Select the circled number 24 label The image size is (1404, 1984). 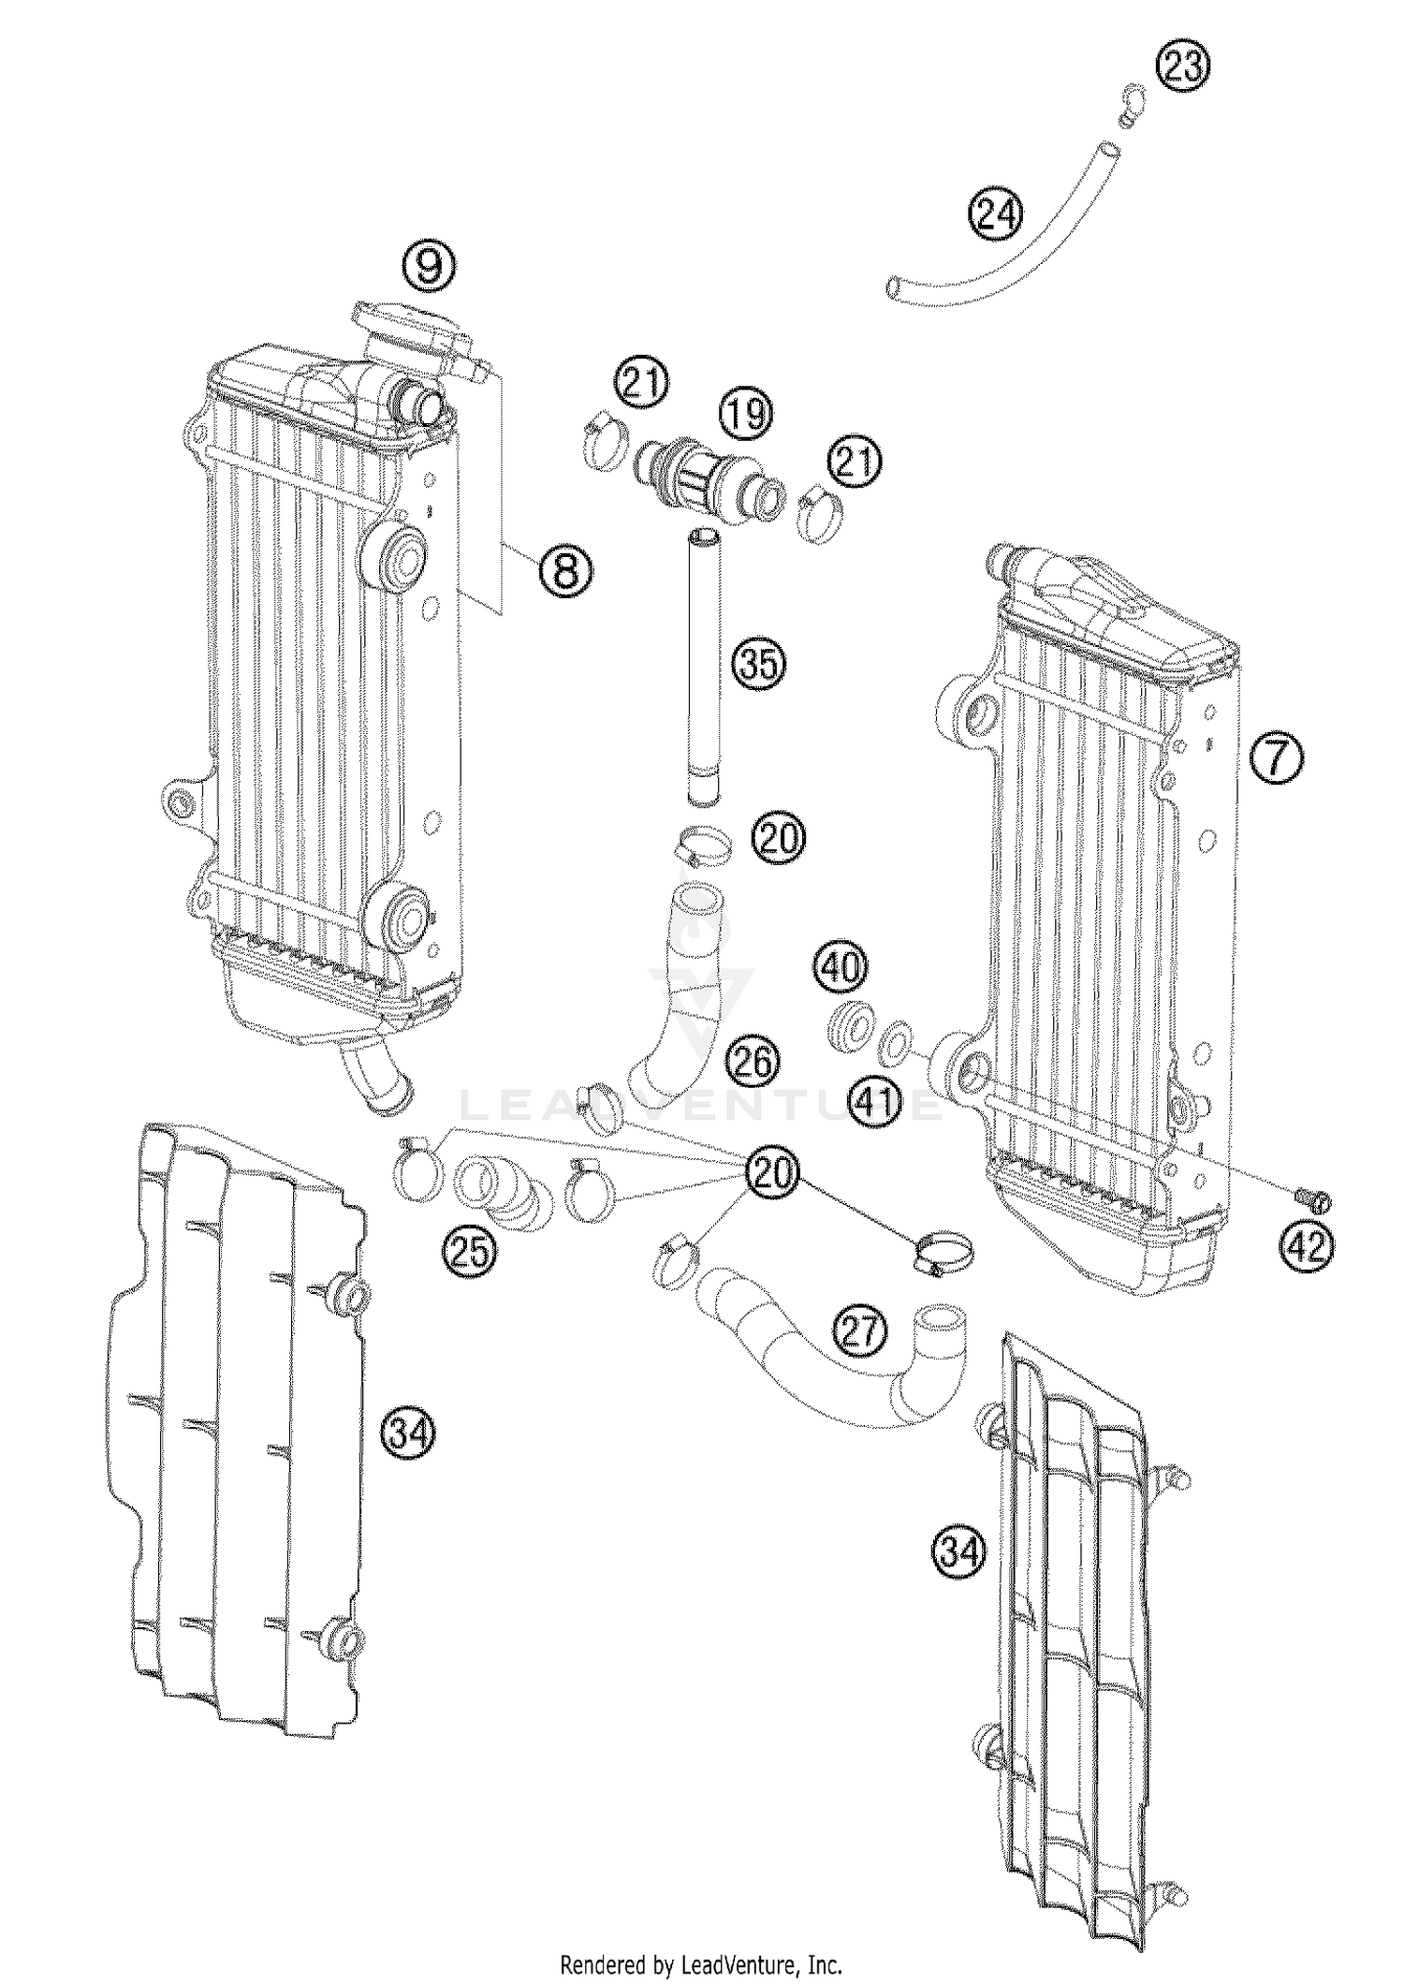[995, 214]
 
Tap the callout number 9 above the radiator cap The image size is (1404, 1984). [430, 267]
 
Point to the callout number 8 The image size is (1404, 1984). [565, 568]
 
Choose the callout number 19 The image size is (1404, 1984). [745, 414]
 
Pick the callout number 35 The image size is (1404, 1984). [759, 664]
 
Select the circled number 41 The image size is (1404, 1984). [875, 1102]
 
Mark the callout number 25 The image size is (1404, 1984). [469, 1251]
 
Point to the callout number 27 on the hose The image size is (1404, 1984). [861, 1330]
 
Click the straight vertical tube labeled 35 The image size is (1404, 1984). [704, 665]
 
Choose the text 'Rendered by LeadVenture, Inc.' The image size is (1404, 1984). [701, 1962]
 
